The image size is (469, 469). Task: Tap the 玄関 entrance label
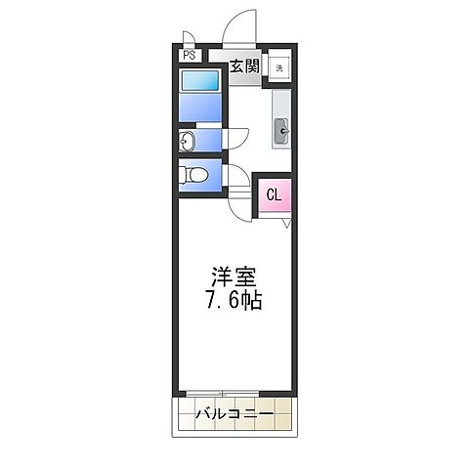[x=244, y=66]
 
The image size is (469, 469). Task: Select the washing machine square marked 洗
[x=279, y=67]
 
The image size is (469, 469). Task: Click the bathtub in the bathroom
[x=202, y=80]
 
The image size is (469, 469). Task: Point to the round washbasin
[x=187, y=143]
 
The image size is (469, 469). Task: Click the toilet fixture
[x=192, y=176]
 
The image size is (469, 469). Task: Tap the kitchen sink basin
[x=280, y=127]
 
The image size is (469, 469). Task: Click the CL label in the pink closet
[x=274, y=194]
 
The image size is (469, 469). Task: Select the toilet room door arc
[x=234, y=176]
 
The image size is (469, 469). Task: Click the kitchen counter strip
[x=280, y=117]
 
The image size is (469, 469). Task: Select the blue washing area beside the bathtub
[x=202, y=107]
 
